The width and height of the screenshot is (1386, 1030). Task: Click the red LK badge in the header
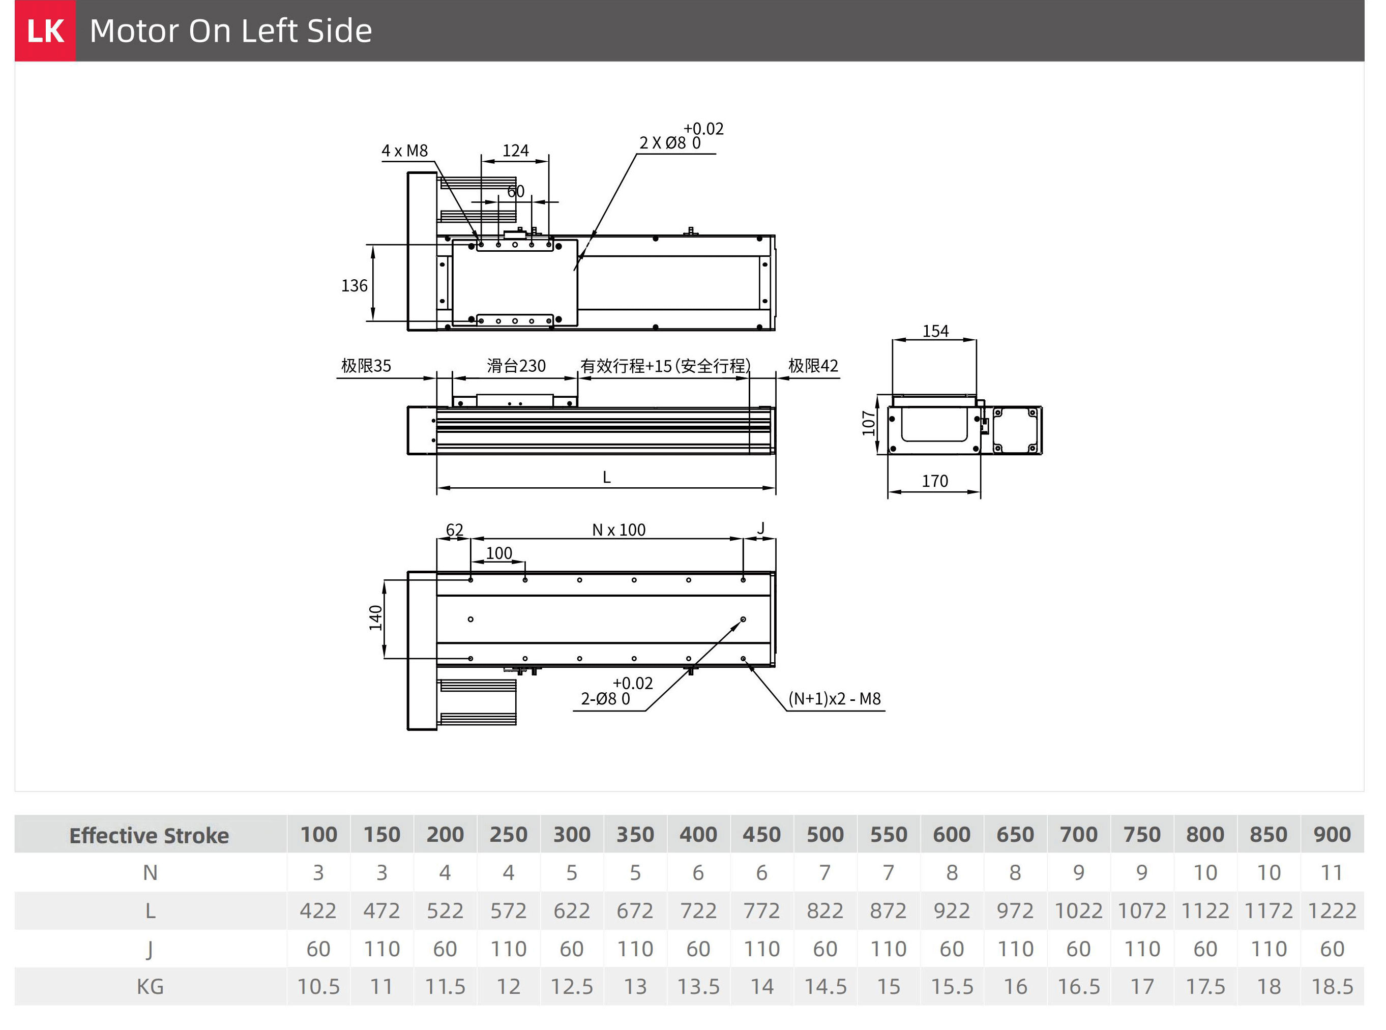point(45,31)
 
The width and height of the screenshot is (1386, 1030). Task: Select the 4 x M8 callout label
point(405,151)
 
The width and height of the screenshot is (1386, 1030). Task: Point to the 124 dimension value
point(516,151)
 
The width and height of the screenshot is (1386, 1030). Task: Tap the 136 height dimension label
point(354,285)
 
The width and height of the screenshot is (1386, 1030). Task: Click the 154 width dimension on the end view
point(935,331)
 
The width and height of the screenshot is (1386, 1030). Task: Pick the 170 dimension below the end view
point(935,481)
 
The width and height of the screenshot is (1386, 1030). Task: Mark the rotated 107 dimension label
point(869,423)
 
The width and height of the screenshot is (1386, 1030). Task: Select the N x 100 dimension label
point(618,530)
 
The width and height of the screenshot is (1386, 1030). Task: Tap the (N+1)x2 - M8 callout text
point(835,698)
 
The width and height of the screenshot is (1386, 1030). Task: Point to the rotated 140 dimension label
point(375,618)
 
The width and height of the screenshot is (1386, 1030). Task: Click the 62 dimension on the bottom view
point(455,530)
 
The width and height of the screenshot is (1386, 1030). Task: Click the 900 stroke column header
point(1332,835)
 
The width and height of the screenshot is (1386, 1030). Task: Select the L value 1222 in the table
point(1332,911)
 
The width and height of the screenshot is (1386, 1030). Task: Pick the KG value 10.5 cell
point(318,987)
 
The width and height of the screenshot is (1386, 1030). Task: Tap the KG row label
point(150,987)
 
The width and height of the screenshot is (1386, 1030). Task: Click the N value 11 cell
point(1332,873)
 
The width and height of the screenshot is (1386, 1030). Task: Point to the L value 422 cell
point(318,911)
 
